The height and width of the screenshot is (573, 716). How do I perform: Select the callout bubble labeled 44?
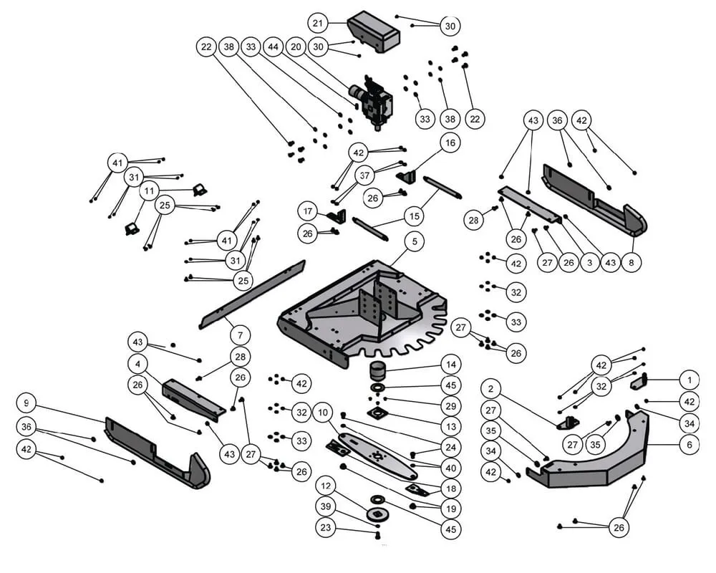[274, 47]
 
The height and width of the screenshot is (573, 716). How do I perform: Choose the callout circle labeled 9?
[26, 402]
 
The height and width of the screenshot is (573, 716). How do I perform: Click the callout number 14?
[450, 364]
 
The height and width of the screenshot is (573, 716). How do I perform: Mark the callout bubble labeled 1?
[689, 379]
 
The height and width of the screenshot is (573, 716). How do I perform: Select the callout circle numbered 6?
[689, 444]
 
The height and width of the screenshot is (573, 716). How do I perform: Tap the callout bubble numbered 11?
[149, 191]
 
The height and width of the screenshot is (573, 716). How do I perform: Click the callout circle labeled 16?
[449, 143]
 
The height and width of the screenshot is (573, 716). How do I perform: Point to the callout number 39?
[327, 507]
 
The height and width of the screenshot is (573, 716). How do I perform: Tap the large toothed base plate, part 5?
[358, 308]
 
